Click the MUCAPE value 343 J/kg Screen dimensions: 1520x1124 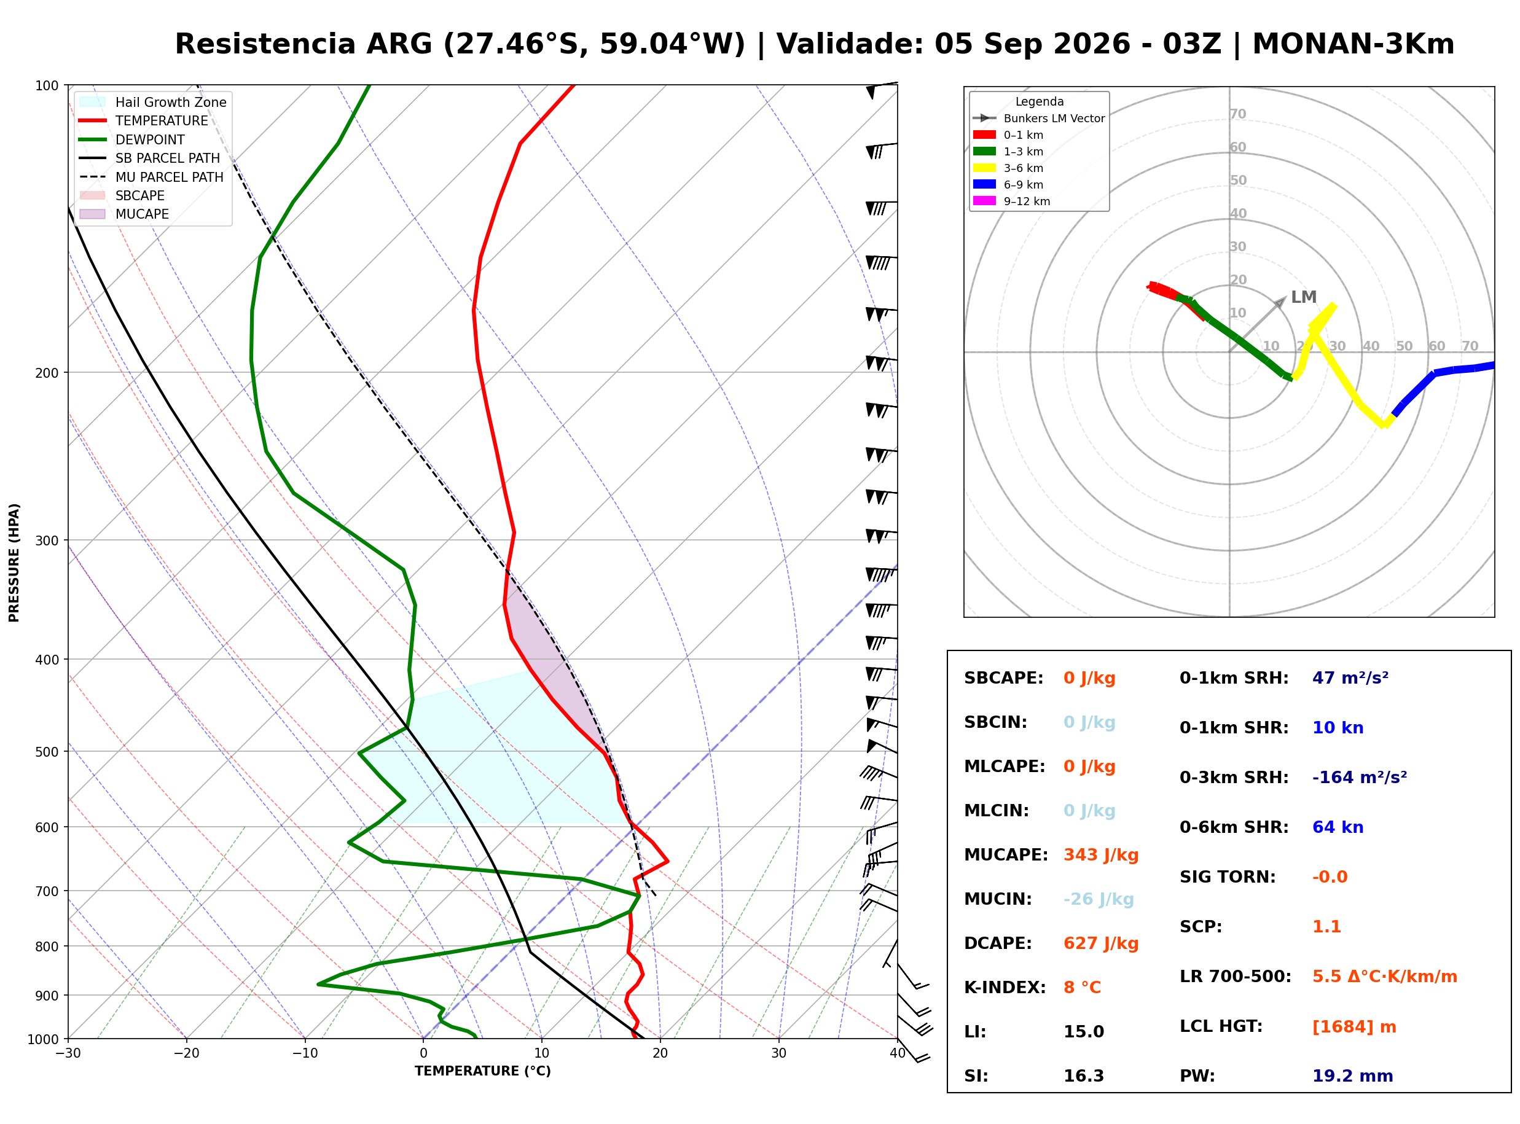point(1101,854)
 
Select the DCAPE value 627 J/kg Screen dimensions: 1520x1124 point(1101,943)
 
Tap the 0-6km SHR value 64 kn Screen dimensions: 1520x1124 point(1338,827)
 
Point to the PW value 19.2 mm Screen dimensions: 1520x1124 point(1353,1075)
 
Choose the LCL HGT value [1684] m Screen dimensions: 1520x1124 point(1354,1027)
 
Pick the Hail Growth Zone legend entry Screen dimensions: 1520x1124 point(153,102)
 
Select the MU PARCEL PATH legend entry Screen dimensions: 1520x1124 point(152,177)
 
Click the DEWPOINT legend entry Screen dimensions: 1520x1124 point(132,139)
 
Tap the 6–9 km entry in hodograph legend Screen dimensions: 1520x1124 point(1012,184)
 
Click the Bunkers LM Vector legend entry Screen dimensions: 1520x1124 point(1039,119)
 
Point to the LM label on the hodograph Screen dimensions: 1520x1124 point(1304,297)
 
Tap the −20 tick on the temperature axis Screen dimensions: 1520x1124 point(186,1053)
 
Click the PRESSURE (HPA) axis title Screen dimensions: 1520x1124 point(14,563)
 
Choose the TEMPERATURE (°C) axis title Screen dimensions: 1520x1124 point(482,1071)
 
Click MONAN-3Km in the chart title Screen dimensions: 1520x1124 point(1354,44)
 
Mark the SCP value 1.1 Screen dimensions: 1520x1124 point(1326,926)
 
